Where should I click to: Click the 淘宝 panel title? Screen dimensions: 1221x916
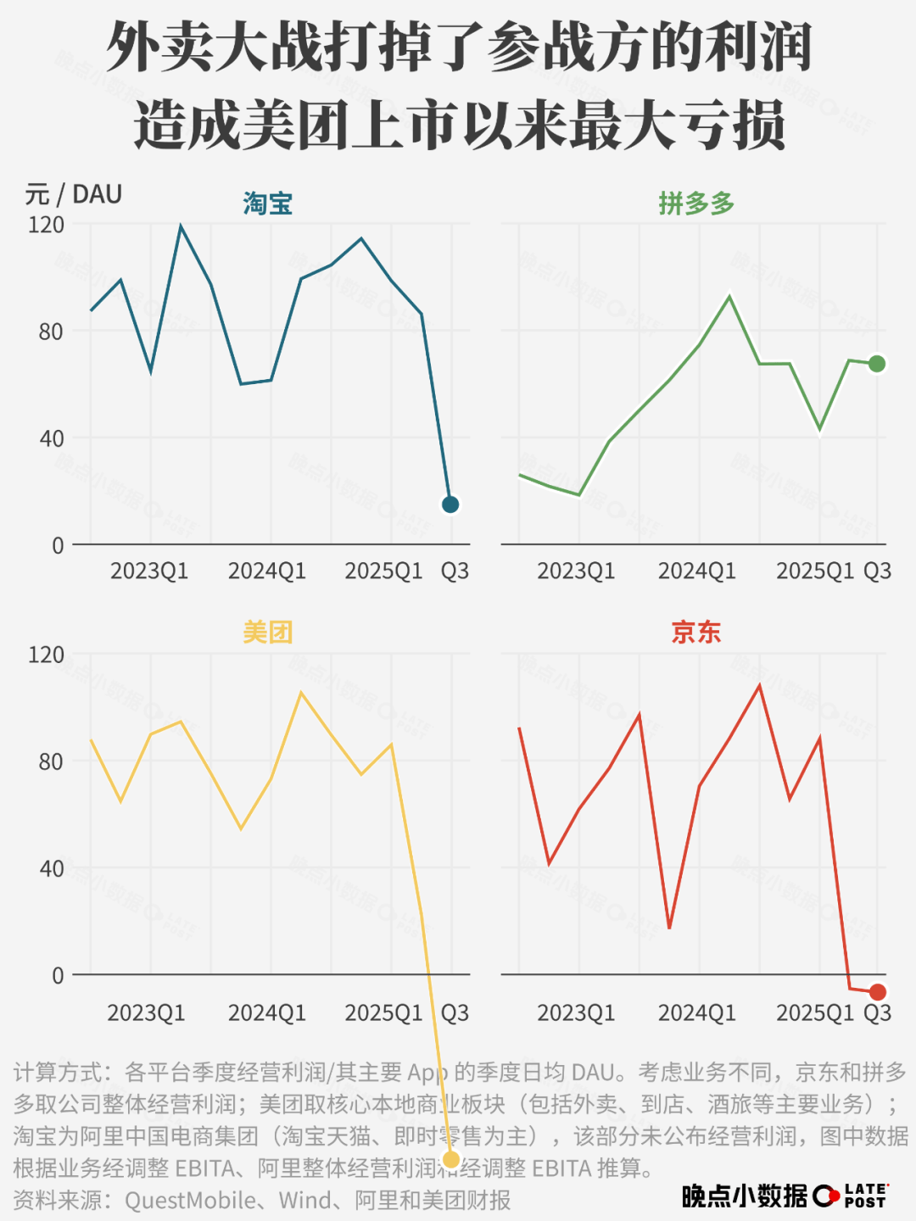pos(267,204)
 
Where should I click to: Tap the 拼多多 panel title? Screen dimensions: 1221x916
pos(695,204)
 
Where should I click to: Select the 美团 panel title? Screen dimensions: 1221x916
pos(267,633)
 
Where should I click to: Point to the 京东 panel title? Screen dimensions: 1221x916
pos(695,633)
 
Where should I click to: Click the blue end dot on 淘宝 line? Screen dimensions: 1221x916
pos(450,505)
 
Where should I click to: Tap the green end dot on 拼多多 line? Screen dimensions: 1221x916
pos(877,364)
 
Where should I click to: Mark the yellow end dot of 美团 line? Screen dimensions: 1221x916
pos(451,1159)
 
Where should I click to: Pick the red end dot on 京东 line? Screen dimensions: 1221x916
pos(878,992)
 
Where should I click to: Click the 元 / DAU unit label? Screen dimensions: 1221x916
pos(74,195)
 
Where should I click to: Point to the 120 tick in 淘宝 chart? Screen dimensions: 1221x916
pos(46,225)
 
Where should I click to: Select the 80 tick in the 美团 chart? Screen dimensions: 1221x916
pos(51,761)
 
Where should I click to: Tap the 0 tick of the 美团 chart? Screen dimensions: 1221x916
pos(58,976)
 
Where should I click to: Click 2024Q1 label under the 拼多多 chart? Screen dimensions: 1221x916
pos(696,571)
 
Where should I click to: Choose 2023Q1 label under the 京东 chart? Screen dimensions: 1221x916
pos(576,1013)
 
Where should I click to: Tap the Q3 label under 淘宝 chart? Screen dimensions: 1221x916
pos(455,571)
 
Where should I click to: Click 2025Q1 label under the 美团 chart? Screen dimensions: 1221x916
pos(383,1013)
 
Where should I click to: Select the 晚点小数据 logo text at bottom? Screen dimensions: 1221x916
pos(744,1196)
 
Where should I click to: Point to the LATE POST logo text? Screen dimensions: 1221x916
pos(865,1196)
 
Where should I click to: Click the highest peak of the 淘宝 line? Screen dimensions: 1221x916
pos(181,226)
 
